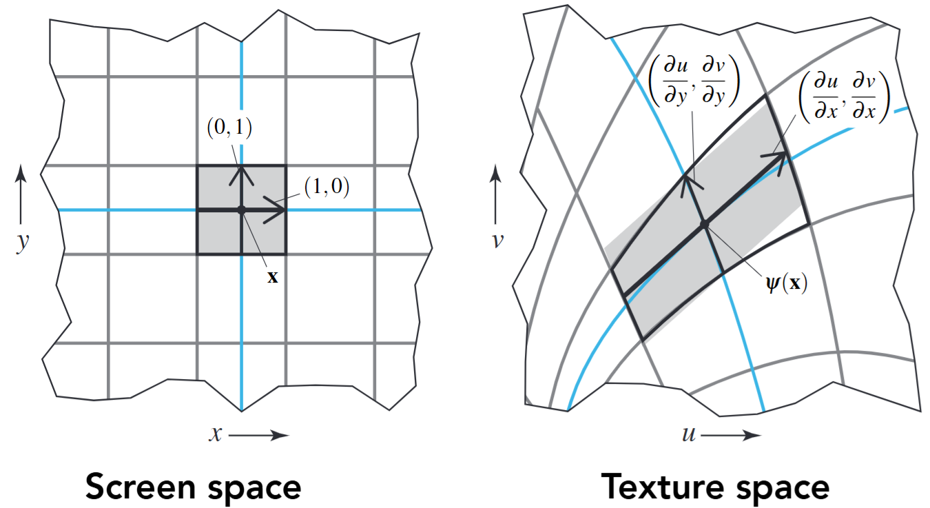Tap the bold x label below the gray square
click(272, 277)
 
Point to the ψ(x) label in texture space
click(787, 283)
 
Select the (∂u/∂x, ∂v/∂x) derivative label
click(845, 97)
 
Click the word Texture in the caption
click(664, 487)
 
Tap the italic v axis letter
click(498, 240)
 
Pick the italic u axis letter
click(689, 434)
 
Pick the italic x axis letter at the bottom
click(216, 434)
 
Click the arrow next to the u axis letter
click(731, 436)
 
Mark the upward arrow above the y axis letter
click(21, 194)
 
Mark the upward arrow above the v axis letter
click(495, 194)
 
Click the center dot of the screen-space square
click(242, 210)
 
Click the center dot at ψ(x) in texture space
click(705, 224)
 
